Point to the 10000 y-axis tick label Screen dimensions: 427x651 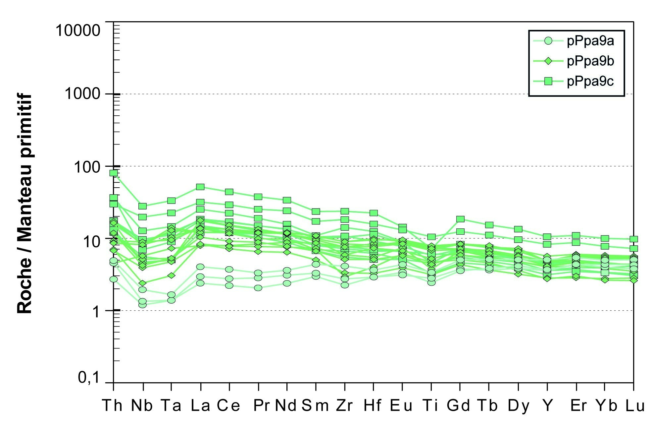(78, 30)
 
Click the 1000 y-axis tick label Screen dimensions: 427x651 (82, 94)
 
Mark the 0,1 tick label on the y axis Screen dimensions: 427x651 (89, 377)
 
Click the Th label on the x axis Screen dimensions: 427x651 (113, 405)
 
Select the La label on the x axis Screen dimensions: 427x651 (200, 405)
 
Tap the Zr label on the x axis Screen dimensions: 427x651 (345, 405)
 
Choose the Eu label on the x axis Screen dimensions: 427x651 (401, 405)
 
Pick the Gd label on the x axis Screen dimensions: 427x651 (458, 405)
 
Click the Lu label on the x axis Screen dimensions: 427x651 (635, 405)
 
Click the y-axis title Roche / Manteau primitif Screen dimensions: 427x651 (25, 204)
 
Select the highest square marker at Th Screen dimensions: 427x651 (114, 173)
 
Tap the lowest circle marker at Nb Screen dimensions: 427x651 (143, 304)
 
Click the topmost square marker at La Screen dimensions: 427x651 (200, 187)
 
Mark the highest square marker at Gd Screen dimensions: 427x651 (460, 219)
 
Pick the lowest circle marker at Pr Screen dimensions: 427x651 (258, 288)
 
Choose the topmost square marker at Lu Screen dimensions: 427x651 (633, 239)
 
